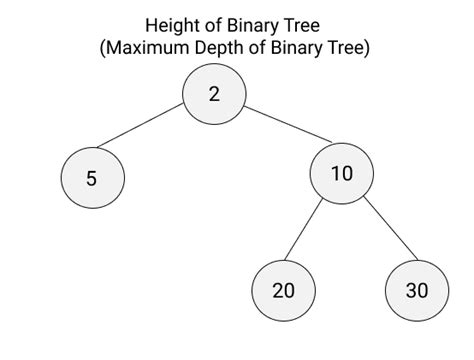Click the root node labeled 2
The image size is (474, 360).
click(x=214, y=94)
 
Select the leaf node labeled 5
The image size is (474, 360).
click(x=93, y=178)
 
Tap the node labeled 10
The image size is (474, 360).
click(x=342, y=173)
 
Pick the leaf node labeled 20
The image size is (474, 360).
click(x=283, y=290)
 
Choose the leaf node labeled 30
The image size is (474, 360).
click(x=417, y=290)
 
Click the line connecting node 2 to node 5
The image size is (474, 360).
click(x=140, y=125)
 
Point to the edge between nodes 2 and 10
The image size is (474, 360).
click(x=288, y=124)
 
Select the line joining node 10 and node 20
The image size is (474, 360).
click(x=304, y=229)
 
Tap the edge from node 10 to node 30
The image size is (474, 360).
click(x=390, y=228)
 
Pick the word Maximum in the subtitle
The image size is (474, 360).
click(x=149, y=48)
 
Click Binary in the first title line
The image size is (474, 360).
click(x=255, y=26)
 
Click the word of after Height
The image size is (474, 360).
click(x=213, y=25)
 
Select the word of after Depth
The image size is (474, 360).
click(x=257, y=48)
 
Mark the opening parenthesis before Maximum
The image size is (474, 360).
click(x=103, y=48)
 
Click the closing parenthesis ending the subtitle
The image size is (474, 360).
click(x=367, y=48)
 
